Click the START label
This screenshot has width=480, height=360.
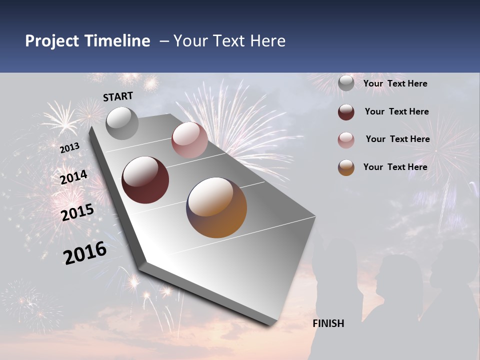pos(118,96)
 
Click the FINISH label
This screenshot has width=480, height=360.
pos(328,323)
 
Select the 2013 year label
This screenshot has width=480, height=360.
pos(69,148)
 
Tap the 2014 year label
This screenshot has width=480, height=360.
pos(73,177)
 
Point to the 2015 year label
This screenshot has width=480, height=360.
pos(77,212)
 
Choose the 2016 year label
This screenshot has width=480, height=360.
pos(85,252)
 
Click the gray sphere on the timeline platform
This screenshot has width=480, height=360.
pos(122,123)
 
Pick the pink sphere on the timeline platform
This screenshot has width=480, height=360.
pos(189,140)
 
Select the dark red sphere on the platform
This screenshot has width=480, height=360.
pos(145,180)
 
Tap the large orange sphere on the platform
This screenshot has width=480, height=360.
pos(216,207)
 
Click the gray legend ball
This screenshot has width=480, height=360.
pos(346,83)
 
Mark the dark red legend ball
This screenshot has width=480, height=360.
pos(346,112)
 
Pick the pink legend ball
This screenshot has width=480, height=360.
pos(346,140)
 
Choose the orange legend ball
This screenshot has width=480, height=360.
pos(346,167)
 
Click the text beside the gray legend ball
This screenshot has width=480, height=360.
pos(395,83)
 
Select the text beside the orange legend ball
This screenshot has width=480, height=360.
pos(395,167)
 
